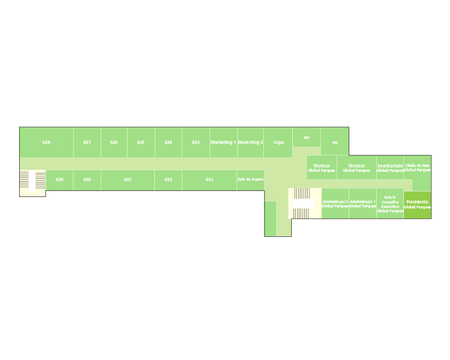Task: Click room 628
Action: [47, 142]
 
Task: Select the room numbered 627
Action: [87, 142]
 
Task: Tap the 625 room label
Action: [141, 142]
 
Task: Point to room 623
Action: [195, 142]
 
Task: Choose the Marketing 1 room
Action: [223, 142]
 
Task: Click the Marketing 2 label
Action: [250, 142]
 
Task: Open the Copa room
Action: [278, 142]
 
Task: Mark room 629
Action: [59, 179]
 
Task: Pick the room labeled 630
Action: [86, 179]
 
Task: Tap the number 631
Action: [128, 179]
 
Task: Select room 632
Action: [168, 179]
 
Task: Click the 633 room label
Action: [209, 179]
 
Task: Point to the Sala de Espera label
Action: [250, 179]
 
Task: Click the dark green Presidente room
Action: [417, 205]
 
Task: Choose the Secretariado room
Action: [390, 167]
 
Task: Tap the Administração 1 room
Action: [362, 204]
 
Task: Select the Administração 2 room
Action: [335, 204]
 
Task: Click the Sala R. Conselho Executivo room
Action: [390, 204]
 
